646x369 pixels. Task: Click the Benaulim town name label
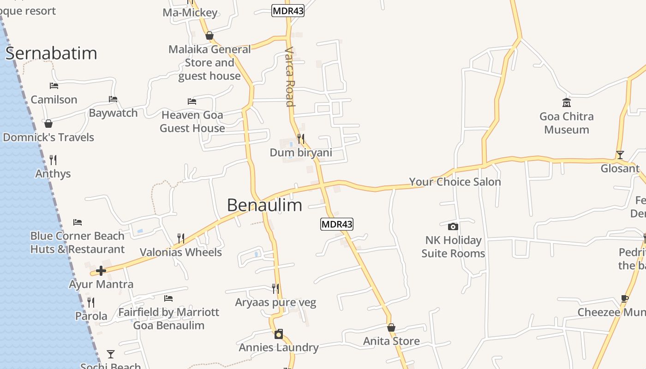264,205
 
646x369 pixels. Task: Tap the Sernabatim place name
51,54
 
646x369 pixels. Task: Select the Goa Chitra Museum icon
566,102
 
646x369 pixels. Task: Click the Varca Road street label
290,76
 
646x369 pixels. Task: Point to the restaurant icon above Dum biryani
300,138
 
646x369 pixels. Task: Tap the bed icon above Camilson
54,86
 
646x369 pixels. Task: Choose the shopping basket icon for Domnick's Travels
48,124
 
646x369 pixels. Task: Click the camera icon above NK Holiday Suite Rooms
453,226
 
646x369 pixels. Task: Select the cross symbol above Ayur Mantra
101,271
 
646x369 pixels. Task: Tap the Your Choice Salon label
455,182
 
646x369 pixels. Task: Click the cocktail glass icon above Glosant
620,155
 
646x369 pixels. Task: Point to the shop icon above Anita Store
391,327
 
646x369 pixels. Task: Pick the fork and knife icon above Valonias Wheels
181,238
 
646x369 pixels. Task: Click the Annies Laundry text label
279,347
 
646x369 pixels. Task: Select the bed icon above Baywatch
113,99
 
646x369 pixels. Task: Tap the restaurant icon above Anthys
53,160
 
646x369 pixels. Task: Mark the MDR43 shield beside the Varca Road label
288,11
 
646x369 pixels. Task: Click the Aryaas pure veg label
275,303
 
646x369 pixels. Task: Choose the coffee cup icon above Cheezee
625,298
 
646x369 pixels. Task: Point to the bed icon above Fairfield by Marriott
168,298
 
